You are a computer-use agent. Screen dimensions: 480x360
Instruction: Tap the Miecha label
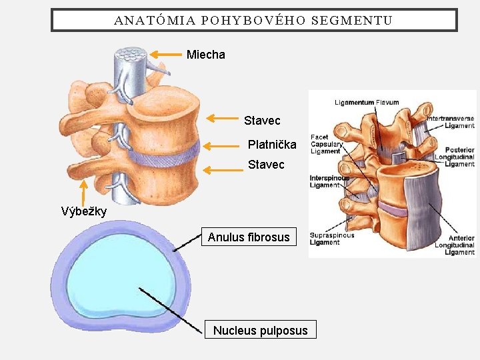click(206, 55)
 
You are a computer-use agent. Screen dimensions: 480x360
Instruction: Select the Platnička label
click(272, 144)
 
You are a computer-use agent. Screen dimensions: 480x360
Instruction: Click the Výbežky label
click(84, 212)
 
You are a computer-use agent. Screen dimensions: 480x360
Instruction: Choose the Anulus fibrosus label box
click(249, 237)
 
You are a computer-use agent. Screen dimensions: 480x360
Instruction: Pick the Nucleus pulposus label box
click(260, 330)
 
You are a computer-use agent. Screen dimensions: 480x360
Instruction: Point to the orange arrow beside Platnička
click(223, 145)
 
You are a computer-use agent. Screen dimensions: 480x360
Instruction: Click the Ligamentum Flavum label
click(367, 103)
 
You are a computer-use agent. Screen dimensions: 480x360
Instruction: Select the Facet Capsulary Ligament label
click(327, 144)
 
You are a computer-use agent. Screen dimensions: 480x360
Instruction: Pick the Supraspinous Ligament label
click(332, 239)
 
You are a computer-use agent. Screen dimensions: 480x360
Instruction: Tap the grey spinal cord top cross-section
click(131, 54)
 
